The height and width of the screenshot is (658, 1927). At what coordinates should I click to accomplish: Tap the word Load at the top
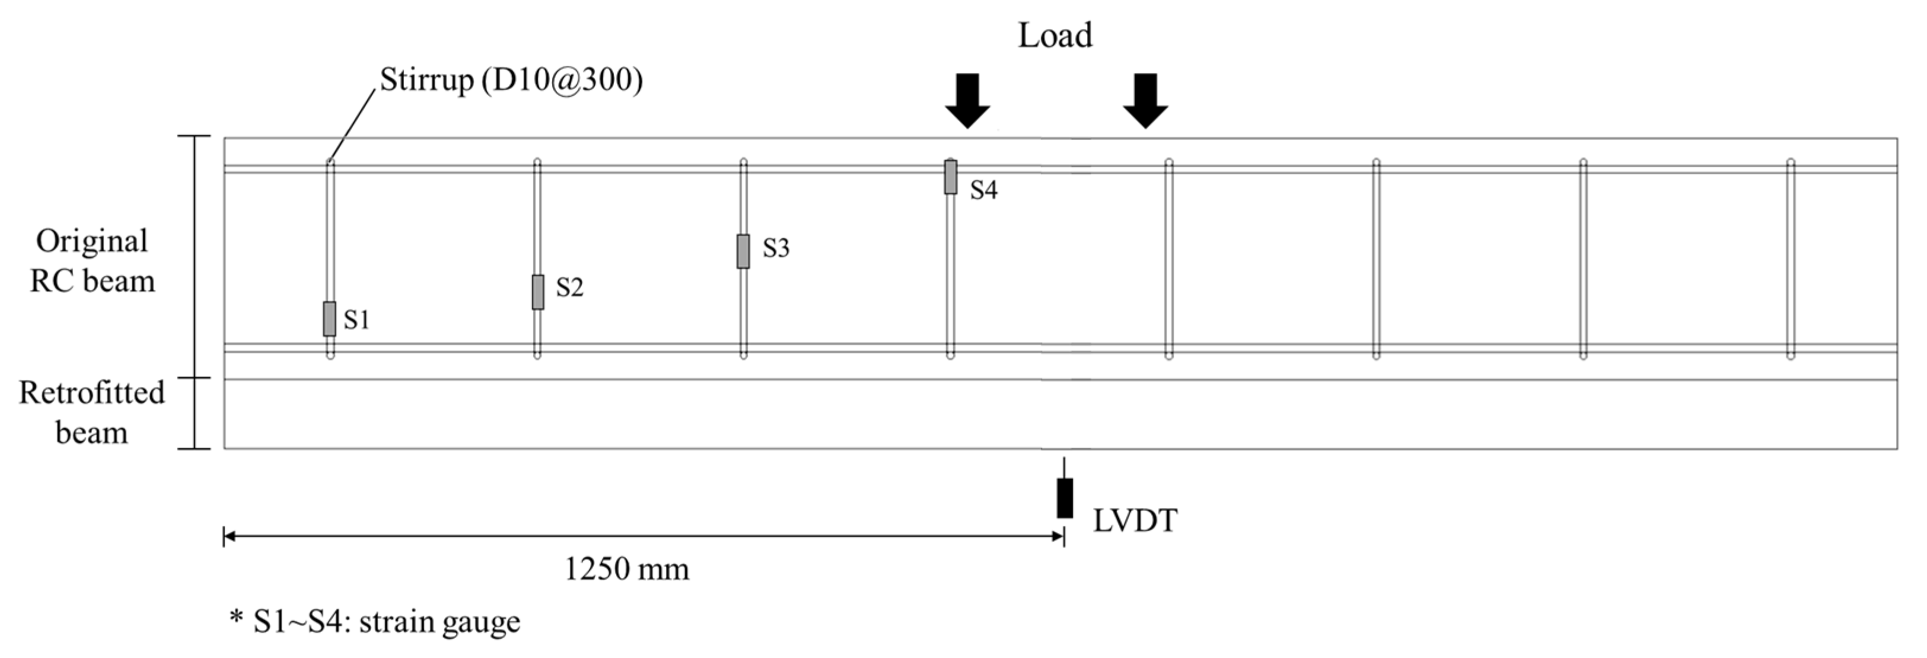[1055, 35]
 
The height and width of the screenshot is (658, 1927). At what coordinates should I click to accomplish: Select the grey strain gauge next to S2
[538, 292]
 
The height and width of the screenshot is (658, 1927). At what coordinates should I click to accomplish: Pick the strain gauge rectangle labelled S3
[743, 251]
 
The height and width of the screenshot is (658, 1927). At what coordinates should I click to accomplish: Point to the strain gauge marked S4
[950, 177]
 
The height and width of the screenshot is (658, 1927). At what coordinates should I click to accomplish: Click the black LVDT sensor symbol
[1065, 498]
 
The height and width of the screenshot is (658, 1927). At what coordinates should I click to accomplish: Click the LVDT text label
[1135, 521]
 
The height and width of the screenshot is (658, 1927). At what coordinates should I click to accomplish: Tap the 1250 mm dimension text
[626, 570]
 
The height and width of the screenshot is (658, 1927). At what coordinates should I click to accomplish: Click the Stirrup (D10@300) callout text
[511, 79]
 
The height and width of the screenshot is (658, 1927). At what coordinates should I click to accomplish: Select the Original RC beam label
[92, 261]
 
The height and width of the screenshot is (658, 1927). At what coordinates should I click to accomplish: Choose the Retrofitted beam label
[91, 413]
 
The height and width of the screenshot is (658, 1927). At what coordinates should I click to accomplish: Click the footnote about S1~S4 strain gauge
[375, 621]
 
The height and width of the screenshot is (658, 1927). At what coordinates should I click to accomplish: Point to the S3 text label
[776, 248]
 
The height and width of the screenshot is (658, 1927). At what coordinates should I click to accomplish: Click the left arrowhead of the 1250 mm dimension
[229, 536]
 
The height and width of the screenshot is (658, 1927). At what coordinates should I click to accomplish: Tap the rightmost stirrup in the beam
[1790, 258]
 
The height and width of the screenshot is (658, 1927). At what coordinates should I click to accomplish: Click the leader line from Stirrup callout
[352, 124]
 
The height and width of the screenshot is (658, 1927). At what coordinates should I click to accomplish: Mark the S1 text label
[357, 320]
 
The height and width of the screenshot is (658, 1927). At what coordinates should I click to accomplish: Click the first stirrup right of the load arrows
[1168, 258]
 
